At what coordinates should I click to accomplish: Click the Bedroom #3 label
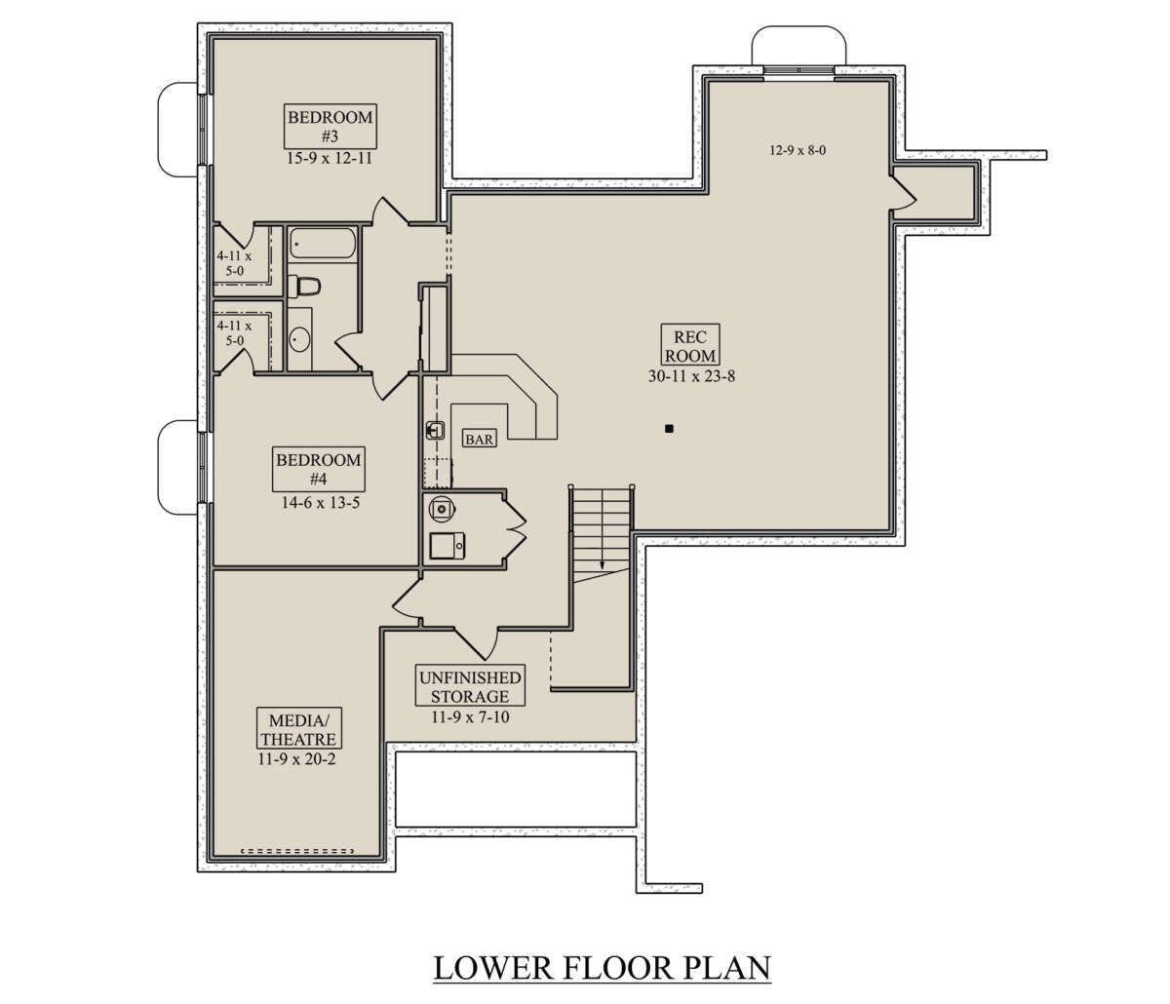(x=330, y=126)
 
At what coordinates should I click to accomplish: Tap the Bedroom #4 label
(x=319, y=469)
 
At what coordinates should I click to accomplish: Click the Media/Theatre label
(x=299, y=729)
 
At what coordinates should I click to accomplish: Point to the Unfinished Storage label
(x=470, y=686)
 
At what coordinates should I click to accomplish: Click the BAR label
(x=480, y=440)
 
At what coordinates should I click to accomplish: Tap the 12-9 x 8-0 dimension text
(x=798, y=150)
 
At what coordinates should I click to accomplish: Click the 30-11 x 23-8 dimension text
(x=691, y=376)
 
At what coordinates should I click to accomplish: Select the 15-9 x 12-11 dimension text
(x=330, y=158)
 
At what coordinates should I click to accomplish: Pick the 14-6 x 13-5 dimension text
(x=321, y=503)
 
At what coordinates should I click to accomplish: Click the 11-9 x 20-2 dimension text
(x=296, y=759)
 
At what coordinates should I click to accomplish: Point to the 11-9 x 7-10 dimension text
(x=470, y=717)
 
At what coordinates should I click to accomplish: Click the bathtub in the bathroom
(x=323, y=243)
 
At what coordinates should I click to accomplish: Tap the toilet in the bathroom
(x=304, y=287)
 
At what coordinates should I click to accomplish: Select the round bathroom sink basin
(x=299, y=339)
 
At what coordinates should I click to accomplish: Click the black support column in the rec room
(x=669, y=429)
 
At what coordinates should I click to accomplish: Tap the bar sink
(x=435, y=431)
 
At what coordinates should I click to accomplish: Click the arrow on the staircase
(x=603, y=529)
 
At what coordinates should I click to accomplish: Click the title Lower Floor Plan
(x=603, y=967)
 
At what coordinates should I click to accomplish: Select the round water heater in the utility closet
(x=442, y=508)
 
